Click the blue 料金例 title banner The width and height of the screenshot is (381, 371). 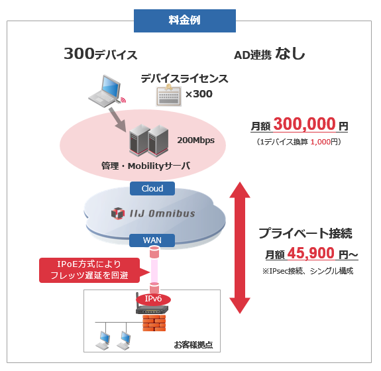(x=184, y=21)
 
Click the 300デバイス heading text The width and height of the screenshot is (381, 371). (x=101, y=54)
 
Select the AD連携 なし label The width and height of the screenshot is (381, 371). (x=270, y=55)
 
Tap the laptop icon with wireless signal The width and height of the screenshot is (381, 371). (x=106, y=91)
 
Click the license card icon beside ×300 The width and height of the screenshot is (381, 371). (x=168, y=96)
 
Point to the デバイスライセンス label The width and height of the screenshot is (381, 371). (x=184, y=79)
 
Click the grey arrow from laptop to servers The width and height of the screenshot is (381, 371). (x=121, y=120)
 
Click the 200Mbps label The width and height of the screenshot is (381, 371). (x=196, y=140)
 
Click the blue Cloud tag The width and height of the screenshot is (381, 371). (x=152, y=189)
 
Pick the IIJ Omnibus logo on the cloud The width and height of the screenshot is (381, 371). (x=152, y=213)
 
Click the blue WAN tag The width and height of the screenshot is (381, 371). (x=152, y=239)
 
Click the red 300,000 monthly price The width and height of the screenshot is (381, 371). (x=303, y=125)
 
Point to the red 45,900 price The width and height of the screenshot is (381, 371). (x=311, y=253)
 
